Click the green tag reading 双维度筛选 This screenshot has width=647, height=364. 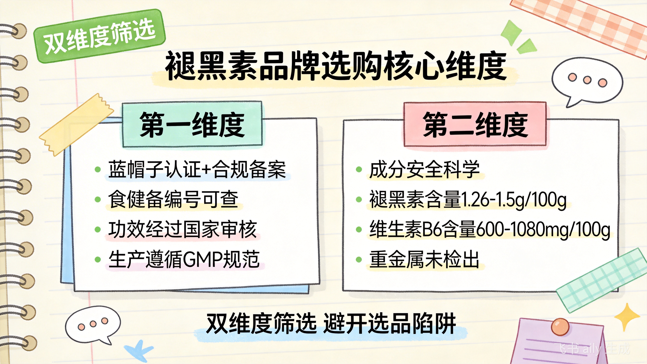[100, 36]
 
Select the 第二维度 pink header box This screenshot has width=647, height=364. [475, 124]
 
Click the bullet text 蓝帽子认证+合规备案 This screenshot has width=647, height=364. [197, 170]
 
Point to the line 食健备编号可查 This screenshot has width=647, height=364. [173, 199]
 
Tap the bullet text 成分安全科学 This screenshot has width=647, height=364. [424, 170]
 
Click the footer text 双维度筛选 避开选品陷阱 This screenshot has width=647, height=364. [331, 324]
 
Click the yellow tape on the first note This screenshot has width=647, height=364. [77, 125]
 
